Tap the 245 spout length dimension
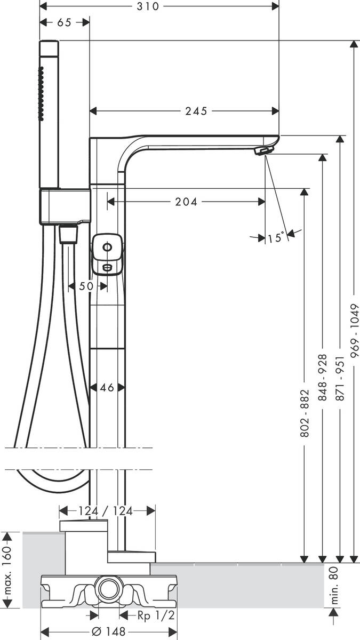(196, 111)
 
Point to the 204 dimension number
(186, 202)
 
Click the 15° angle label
(275, 238)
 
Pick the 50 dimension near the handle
(86, 286)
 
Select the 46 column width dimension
(107, 388)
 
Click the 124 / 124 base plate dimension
(106, 511)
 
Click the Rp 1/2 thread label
(155, 615)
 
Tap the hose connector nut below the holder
(68, 234)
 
